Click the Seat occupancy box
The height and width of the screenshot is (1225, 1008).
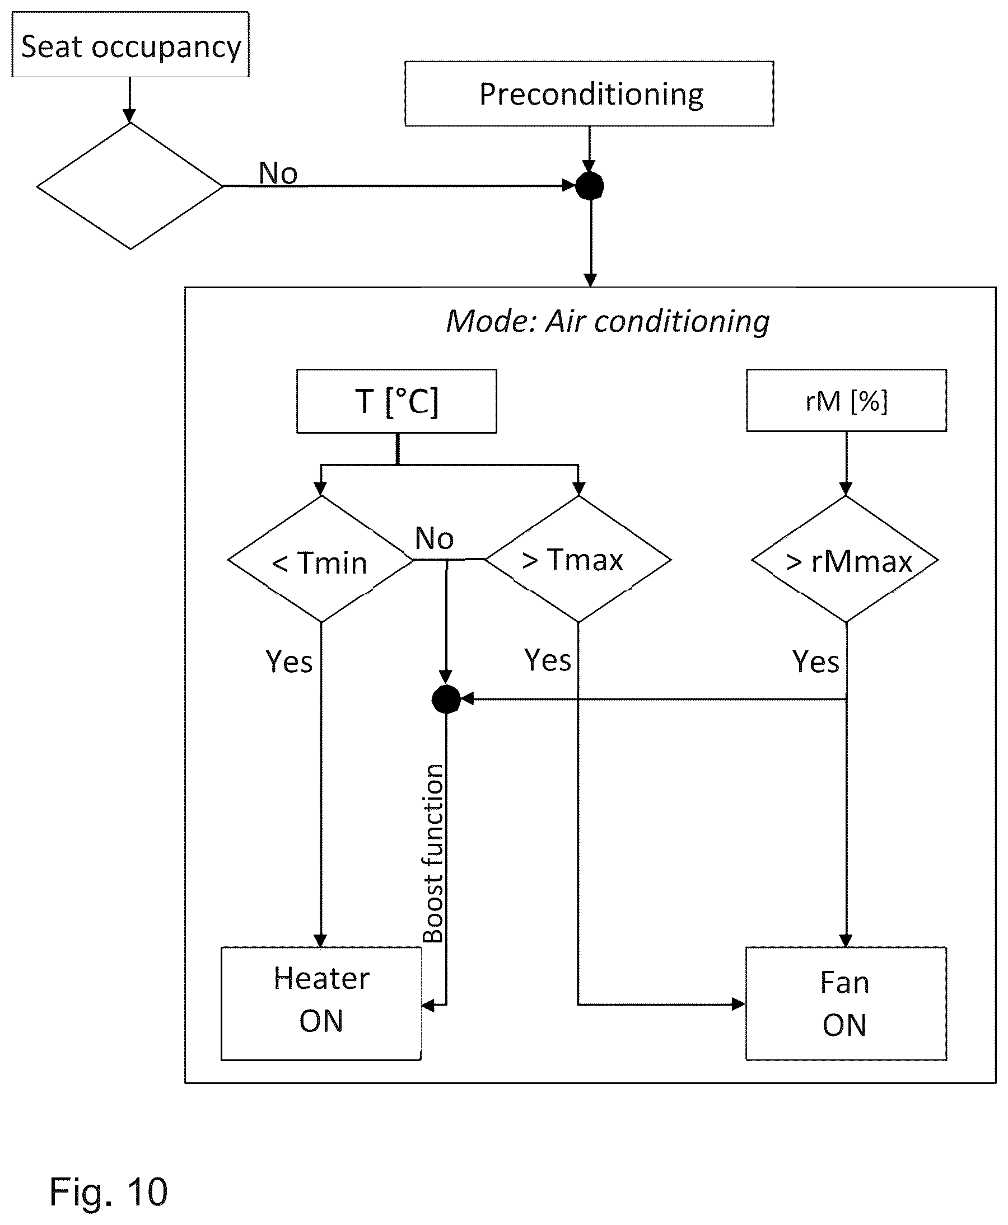130,45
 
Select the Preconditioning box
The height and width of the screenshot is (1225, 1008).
589,93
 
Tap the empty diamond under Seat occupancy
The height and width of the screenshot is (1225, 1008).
130,186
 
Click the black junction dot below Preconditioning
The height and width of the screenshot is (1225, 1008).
589,186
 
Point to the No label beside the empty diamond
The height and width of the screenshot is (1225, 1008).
278,173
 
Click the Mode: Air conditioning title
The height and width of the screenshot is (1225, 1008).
608,321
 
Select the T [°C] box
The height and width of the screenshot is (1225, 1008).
396,401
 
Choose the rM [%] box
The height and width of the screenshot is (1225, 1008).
846,400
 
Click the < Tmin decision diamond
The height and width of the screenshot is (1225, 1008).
320,560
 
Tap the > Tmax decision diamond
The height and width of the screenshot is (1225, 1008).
578,560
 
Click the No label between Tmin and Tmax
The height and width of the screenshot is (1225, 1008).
435,538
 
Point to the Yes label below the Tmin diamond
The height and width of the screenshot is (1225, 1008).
289,661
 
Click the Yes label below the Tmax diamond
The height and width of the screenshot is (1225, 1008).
548,660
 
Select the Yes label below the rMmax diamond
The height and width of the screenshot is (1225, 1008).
816,661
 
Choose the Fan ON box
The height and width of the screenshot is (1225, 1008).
846,1003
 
